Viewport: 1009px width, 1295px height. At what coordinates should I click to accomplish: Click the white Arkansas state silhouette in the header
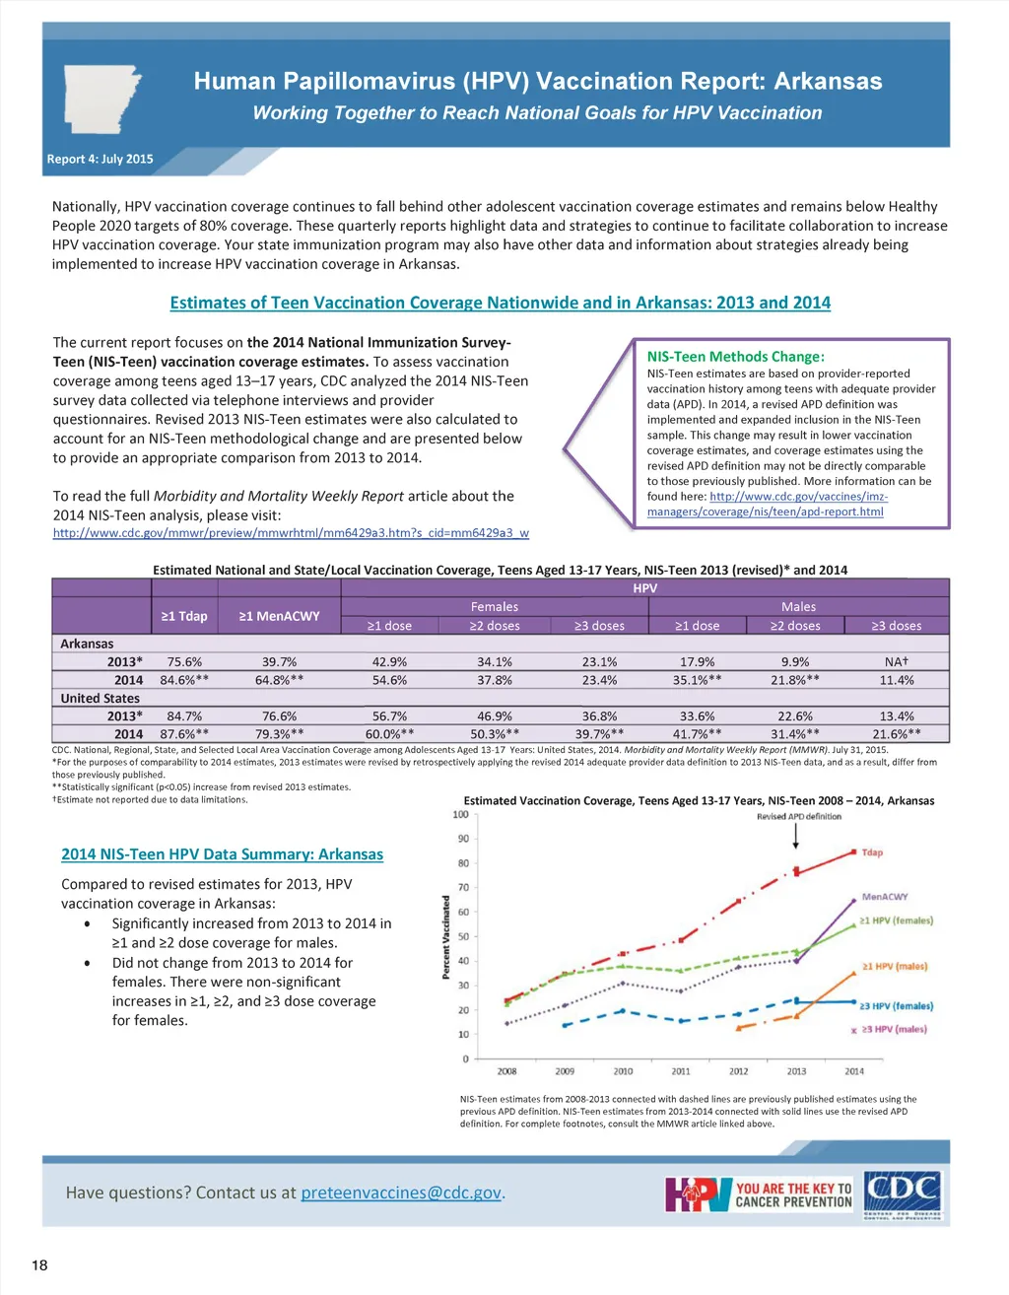click(101, 99)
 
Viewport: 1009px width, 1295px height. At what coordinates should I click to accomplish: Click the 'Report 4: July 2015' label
click(100, 159)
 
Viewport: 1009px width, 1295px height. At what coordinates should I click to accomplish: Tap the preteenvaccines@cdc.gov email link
click(401, 1193)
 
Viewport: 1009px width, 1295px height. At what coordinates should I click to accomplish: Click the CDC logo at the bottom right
click(902, 1193)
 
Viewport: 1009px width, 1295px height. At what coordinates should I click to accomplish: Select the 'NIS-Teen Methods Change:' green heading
click(735, 357)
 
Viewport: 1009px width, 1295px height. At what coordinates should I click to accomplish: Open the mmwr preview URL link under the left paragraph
click(291, 533)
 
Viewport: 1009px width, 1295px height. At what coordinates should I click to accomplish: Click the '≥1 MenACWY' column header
click(279, 616)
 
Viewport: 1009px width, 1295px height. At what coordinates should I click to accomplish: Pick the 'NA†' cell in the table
click(896, 662)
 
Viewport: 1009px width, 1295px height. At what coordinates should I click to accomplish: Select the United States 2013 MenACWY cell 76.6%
click(279, 716)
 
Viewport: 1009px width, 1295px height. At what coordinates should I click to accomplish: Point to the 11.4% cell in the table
click(896, 680)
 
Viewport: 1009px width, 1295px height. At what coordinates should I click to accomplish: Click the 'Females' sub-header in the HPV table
click(494, 607)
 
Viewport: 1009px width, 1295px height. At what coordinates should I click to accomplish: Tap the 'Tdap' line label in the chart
click(872, 852)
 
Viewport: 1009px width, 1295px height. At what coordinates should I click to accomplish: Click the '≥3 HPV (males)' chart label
click(894, 1029)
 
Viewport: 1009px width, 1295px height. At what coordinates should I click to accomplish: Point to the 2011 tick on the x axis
click(681, 1071)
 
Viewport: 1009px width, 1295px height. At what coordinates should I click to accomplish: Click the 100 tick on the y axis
click(460, 814)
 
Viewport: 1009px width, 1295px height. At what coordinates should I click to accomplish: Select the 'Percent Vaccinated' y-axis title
click(446, 936)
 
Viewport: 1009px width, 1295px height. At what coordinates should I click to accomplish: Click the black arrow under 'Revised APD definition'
click(797, 837)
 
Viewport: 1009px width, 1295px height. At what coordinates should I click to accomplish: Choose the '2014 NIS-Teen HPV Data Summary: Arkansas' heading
click(222, 854)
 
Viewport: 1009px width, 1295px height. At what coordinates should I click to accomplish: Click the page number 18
click(39, 1265)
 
